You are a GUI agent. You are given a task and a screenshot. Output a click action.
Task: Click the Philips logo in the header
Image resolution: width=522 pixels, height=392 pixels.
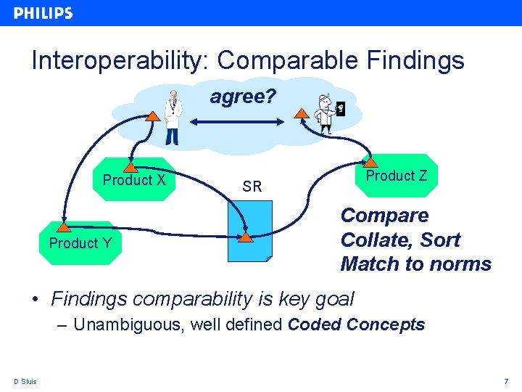(x=43, y=13)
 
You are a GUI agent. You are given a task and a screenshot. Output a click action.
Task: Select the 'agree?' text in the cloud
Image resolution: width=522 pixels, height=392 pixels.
(x=243, y=97)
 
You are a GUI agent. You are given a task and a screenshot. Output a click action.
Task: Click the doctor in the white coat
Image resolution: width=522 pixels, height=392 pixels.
(x=172, y=118)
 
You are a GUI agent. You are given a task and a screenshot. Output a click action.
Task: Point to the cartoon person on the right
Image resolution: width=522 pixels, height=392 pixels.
(x=327, y=115)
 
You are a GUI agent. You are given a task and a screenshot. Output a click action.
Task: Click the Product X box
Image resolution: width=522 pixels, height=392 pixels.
(x=135, y=180)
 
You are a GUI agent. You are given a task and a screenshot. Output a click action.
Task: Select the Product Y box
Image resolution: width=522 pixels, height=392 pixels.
(x=80, y=243)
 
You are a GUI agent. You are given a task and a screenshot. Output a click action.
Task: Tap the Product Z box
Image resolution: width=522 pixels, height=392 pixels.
(x=397, y=176)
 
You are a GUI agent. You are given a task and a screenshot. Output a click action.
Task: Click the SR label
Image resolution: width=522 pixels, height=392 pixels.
(x=252, y=187)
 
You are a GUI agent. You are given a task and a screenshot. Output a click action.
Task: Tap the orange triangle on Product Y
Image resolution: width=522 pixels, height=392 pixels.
(x=64, y=227)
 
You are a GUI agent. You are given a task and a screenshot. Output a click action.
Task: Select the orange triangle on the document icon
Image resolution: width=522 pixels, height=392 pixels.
(x=246, y=237)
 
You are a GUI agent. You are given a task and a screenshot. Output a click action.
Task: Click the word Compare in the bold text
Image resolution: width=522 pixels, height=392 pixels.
(x=384, y=216)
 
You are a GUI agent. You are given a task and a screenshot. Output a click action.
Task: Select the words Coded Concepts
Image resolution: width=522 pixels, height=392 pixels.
(x=356, y=324)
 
